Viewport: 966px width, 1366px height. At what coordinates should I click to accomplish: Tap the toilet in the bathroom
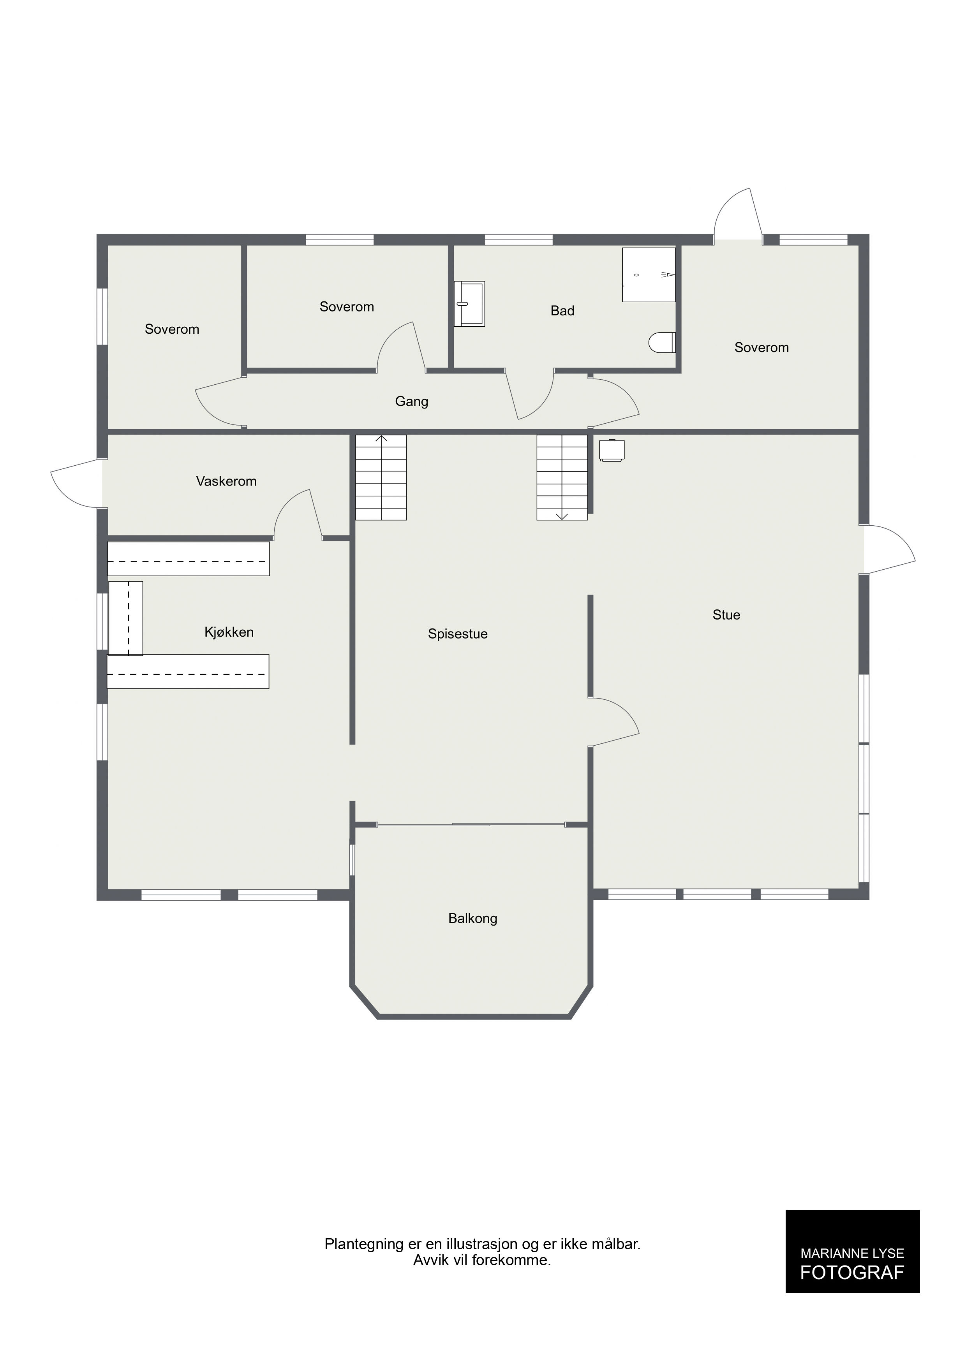tap(662, 342)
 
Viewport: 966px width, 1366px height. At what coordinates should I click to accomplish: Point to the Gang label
tap(411, 401)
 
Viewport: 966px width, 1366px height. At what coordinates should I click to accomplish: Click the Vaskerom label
tap(226, 481)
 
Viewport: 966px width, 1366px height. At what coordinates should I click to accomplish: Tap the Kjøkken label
tap(229, 632)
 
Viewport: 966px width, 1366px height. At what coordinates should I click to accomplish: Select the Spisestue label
tap(458, 634)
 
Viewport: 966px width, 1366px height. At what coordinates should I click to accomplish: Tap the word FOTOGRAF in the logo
tap(852, 1272)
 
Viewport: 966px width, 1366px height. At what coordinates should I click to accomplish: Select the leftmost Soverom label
tap(172, 329)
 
